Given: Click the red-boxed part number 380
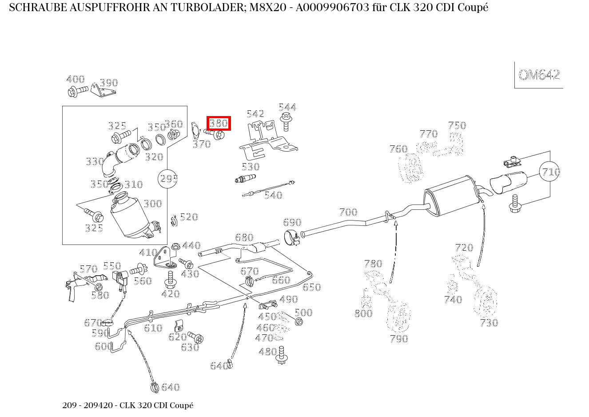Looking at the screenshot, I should [218, 123].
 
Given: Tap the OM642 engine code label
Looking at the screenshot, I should [539, 75].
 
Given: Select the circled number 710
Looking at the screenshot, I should [550, 172].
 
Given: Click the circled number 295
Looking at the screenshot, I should [168, 179].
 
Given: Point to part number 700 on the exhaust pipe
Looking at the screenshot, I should [348, 212].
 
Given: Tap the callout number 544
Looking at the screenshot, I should [287, 107].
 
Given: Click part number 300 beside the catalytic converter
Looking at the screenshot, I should [152, 204].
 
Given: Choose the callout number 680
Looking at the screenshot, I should [244, 237].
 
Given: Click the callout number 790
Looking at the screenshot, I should [398, 339].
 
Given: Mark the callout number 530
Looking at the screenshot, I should [250, 167].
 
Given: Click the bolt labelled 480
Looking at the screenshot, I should [281, 354].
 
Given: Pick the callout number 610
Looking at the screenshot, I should [153, 328].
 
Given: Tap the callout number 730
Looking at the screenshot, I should [489, 323].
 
